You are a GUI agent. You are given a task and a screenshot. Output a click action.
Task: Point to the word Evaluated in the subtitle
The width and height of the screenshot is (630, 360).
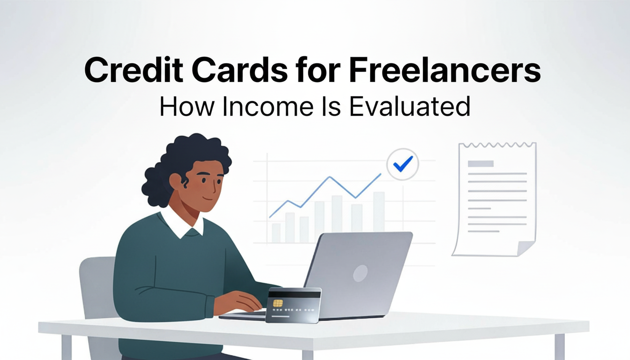(x=410, y=106)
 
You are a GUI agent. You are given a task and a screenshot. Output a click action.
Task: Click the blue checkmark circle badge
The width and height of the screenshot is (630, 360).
(x=403, y=163)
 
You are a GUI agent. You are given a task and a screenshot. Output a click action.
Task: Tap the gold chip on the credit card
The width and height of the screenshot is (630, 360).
(x=278, y=303)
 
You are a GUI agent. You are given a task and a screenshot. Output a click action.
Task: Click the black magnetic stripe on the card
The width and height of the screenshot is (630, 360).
(x=294, y=294)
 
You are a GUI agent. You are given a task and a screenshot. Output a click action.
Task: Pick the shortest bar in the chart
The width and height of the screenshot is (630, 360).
(x=276, y=232)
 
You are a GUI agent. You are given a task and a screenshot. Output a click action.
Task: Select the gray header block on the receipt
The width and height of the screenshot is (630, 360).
(x=480, y=164)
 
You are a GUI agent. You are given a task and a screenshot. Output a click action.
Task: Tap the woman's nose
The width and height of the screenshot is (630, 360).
(x=217, y=188)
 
